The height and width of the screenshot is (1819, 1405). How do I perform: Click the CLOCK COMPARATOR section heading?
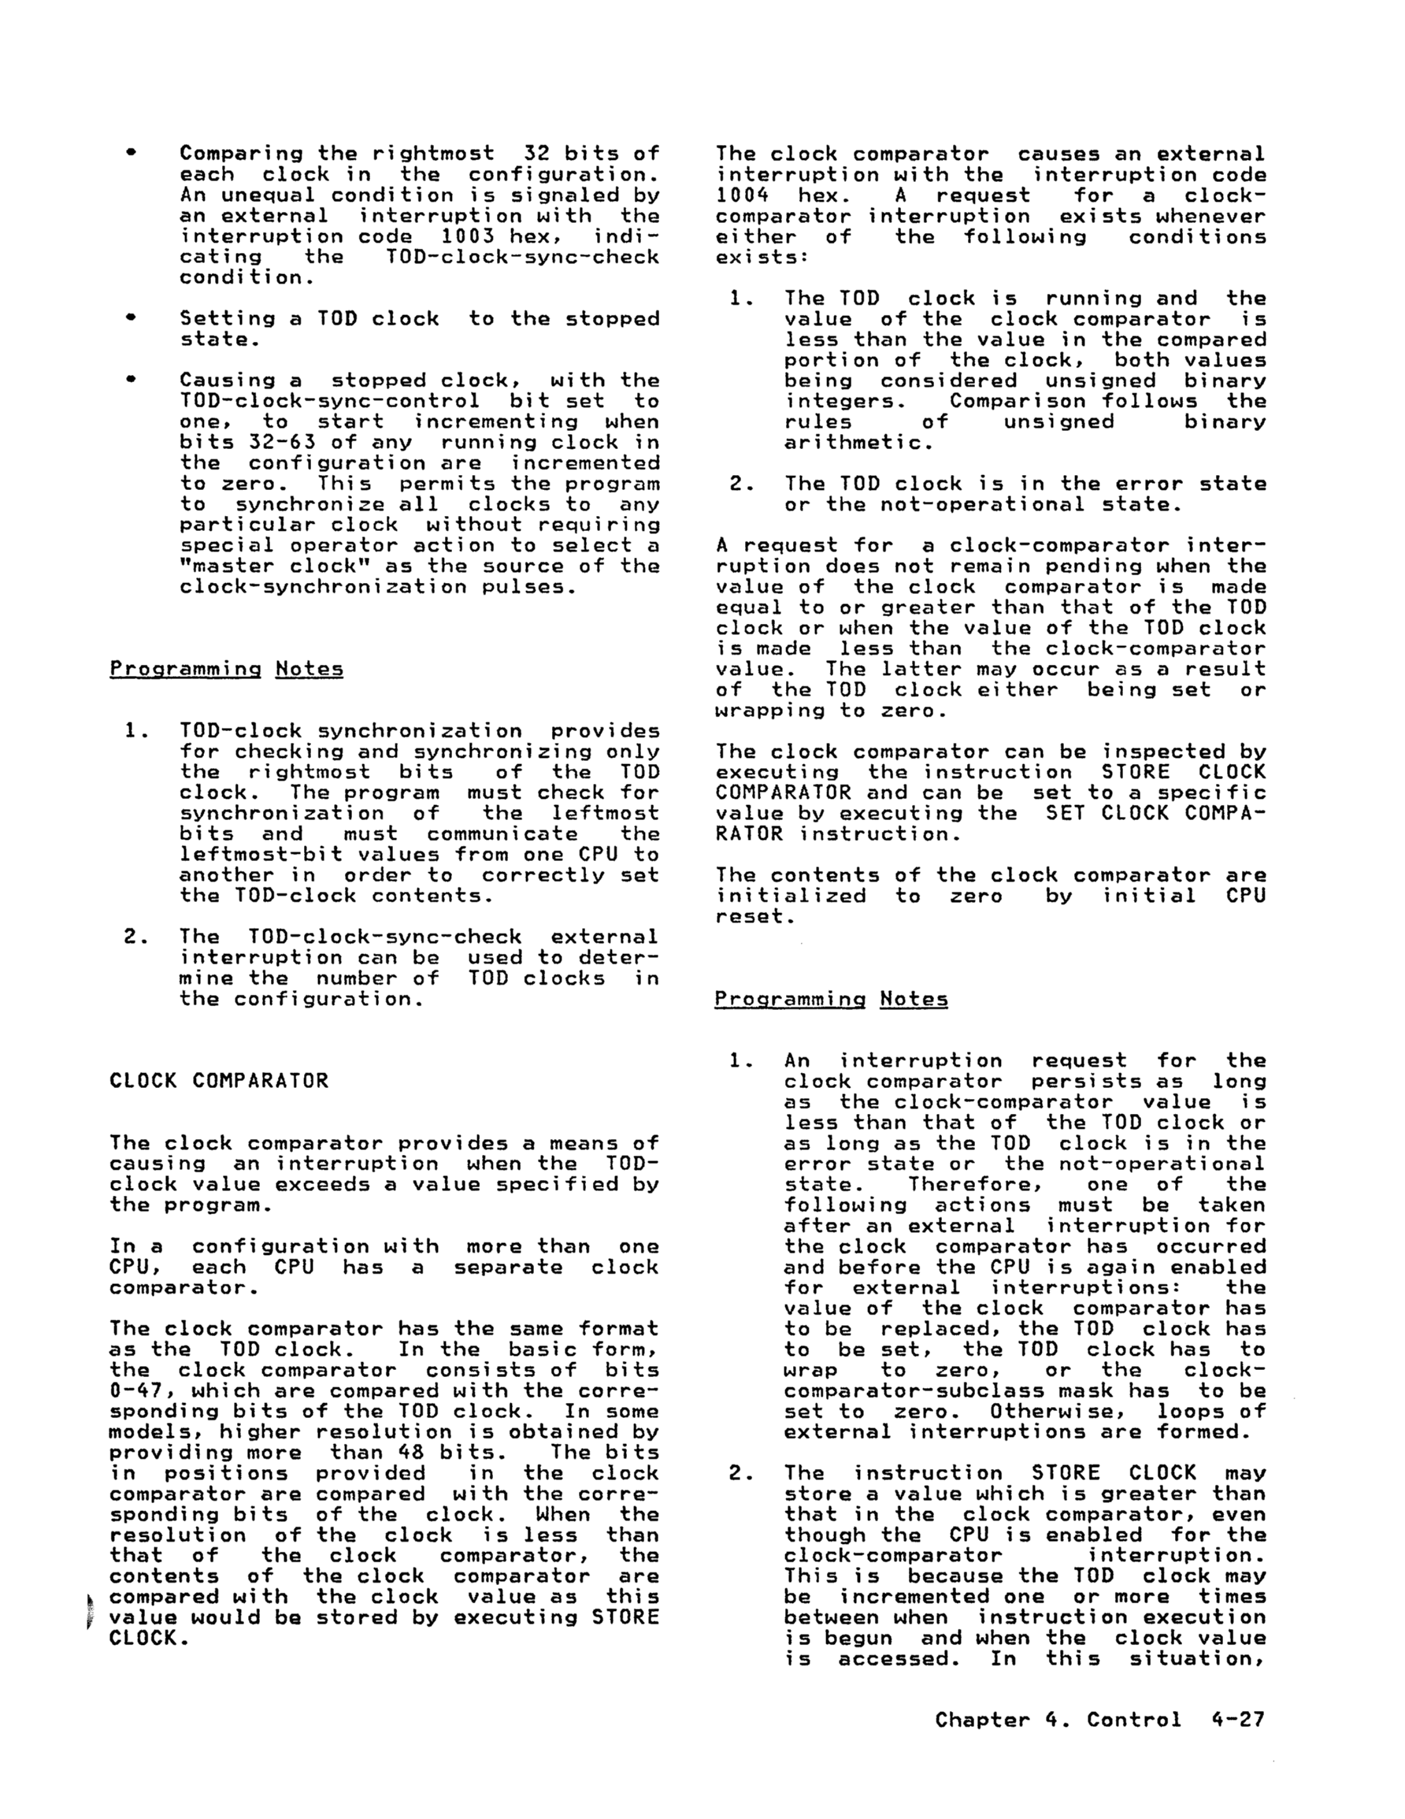click(x=219, y=1081)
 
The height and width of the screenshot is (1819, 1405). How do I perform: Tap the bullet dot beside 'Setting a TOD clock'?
click(x=131, y=318)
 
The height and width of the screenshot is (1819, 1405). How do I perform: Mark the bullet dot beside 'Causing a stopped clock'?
click(x=131, y=380)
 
